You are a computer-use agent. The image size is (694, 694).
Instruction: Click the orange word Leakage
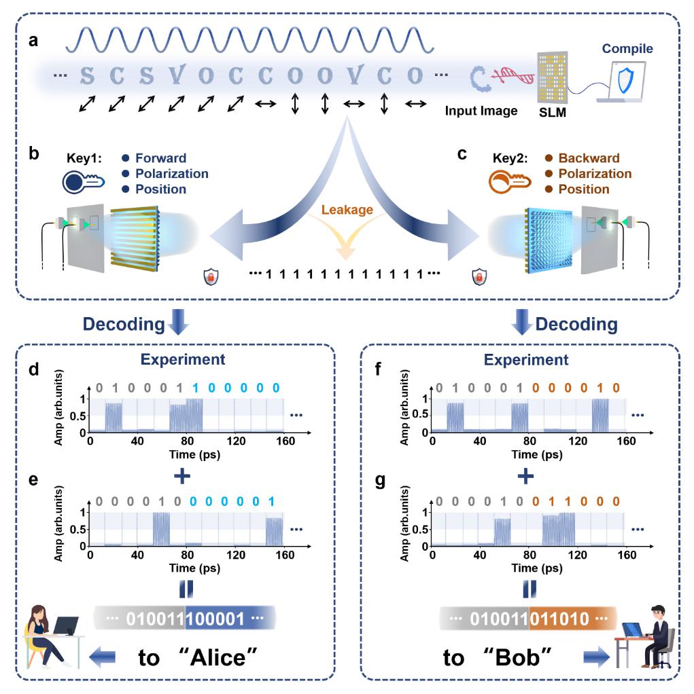pos(348,210)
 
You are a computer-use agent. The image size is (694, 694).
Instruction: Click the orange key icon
pos(507,183)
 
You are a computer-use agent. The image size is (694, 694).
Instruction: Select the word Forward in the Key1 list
pos(160,159)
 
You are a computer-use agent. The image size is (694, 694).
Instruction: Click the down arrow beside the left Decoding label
pos(177,323)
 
